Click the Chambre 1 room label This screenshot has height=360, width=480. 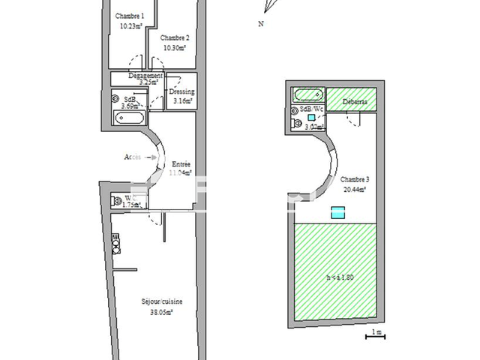pos(129,16)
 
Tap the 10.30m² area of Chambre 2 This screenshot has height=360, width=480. pos(175,47)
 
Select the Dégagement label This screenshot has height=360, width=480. pos(145,75)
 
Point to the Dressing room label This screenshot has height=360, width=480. pos(181,91)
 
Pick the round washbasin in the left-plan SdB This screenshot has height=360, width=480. pos(116,97)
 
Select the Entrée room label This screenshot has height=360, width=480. pos(181,164)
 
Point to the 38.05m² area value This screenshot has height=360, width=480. pos(162,312)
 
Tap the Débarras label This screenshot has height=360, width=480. pos(355,101)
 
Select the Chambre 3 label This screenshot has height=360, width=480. pos(353,179)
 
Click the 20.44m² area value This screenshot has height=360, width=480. pos(353,190)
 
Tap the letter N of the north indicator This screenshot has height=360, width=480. pos(260,24)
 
